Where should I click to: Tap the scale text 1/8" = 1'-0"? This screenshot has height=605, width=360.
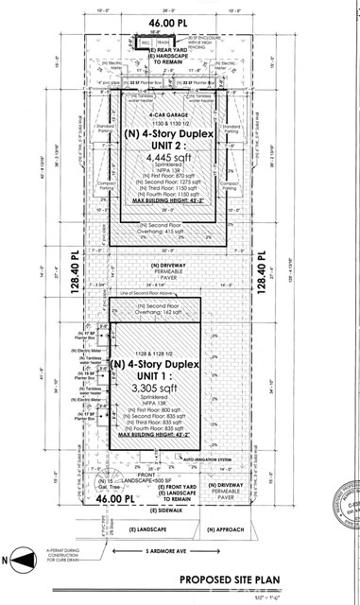click(x=305, y=596)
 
